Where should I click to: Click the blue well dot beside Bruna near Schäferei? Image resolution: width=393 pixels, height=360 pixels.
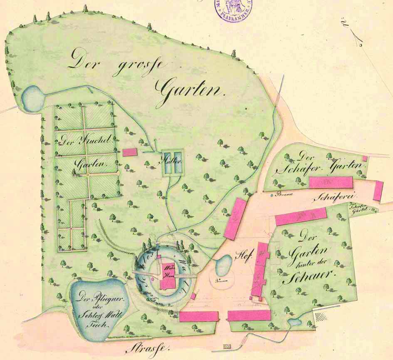click(x=271, y=194)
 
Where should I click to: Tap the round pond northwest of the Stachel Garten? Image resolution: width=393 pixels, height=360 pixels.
click(x=32, y=98)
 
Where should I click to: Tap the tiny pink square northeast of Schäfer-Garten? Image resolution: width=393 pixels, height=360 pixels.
click(x=365, y=159)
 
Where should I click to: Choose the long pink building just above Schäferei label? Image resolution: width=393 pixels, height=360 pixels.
click(x=331, y=182)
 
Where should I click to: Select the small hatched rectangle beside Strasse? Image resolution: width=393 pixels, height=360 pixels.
click(x=227, y=346)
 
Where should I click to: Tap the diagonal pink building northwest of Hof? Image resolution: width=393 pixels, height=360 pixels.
click(x=235, y=218)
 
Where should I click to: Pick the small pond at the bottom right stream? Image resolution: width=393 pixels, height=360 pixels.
click(x=295, y=322)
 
